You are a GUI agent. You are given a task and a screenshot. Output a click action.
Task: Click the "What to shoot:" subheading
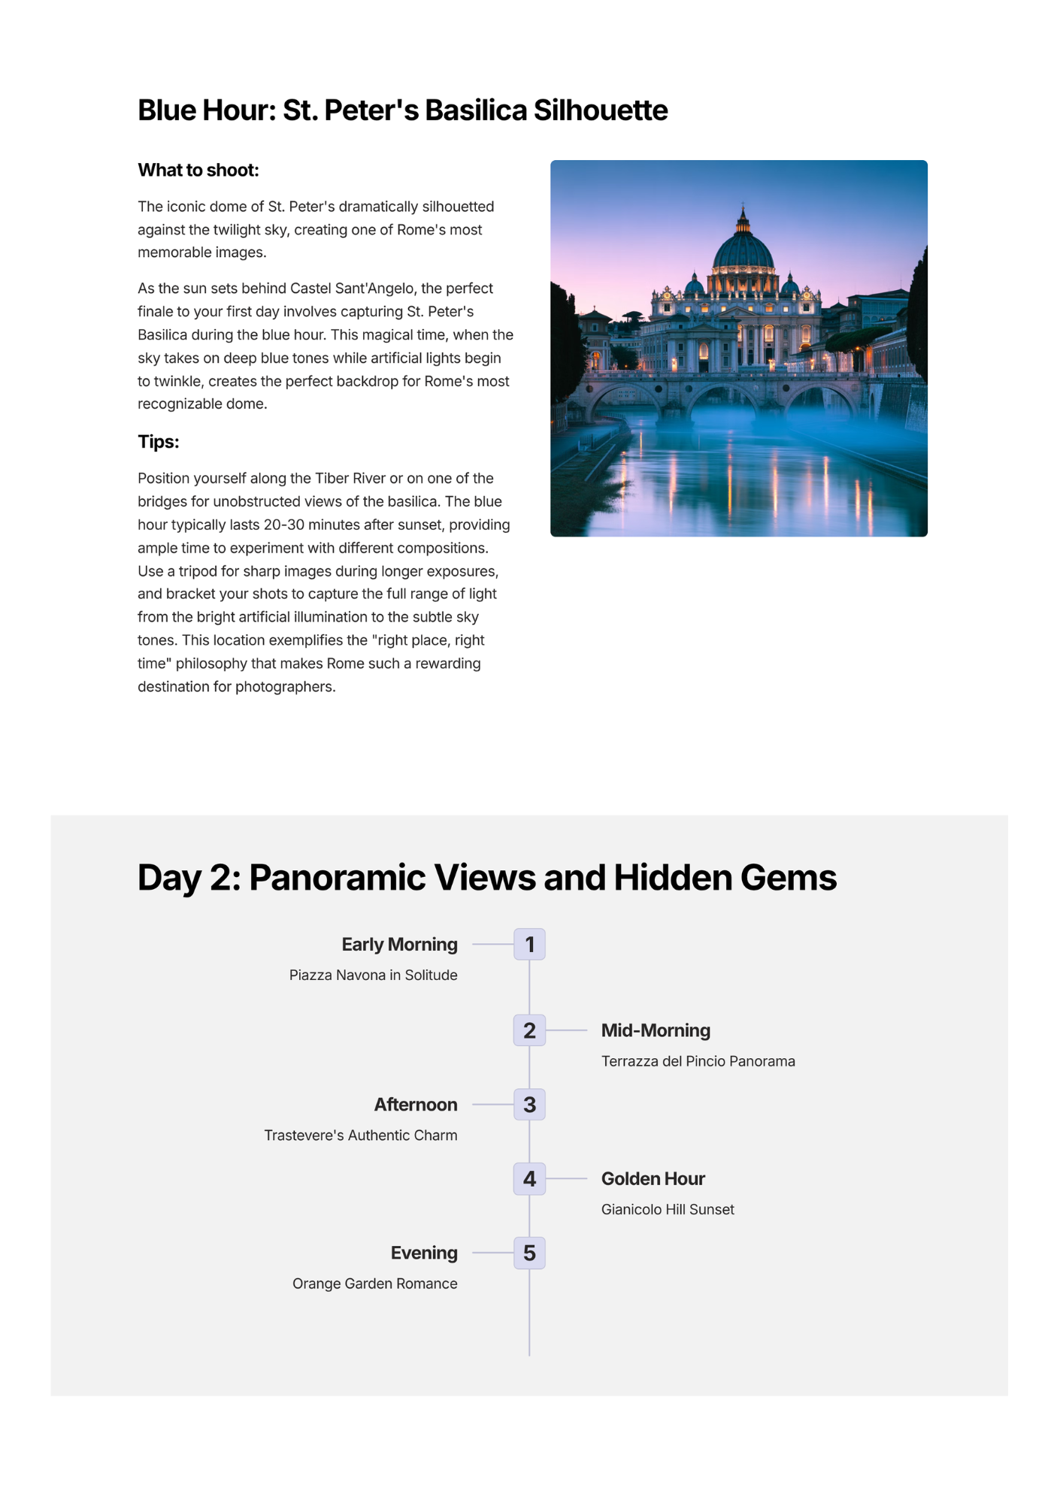coord(198,171)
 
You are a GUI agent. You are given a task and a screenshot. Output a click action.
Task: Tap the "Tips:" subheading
coord(158,442)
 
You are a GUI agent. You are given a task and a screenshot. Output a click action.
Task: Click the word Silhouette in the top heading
coord(600,110)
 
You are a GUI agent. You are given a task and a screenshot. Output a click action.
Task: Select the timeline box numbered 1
coord(529,944)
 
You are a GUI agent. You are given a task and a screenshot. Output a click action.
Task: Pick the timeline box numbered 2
coord(529,1030)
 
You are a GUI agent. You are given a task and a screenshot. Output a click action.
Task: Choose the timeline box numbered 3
coord(529,1105)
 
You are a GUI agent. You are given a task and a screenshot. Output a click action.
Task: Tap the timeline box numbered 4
coord(529,1178)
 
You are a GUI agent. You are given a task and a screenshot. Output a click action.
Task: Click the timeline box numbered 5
coord(529,1253)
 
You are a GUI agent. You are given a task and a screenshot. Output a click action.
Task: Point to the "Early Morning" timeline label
coord(399,945)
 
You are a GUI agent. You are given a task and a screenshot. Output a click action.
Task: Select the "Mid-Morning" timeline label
coord(656,1030)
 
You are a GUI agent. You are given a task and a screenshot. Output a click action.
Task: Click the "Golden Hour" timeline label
coord(653,1178)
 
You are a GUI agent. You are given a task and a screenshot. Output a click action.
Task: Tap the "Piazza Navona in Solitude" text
coord(373,975)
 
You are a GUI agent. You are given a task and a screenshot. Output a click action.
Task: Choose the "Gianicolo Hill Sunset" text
coord(668,1209)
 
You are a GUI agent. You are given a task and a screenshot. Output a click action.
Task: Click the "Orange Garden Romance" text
coord(374,1284)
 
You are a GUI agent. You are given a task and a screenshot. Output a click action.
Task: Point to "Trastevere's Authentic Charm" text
coord(360,1135)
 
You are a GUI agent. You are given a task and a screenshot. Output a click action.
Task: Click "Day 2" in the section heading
coord(189,878)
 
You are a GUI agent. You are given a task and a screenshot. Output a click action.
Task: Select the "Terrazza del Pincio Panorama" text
coord(698,1061)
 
